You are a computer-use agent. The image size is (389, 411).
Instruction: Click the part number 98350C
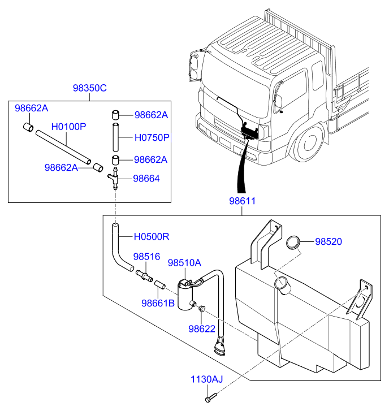point(89,88)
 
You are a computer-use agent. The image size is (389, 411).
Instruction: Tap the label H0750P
point(152,137)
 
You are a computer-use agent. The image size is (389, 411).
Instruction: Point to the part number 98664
point(146,178)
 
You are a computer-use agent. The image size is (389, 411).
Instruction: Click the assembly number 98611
point(242,201)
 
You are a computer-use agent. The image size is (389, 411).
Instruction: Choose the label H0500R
point(152,236)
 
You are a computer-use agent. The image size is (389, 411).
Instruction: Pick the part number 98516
point(147,256)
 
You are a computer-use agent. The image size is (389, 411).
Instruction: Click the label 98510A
point(184,262)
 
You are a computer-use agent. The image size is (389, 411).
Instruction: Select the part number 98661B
point(158,302)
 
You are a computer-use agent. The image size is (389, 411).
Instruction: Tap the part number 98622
point(202,328)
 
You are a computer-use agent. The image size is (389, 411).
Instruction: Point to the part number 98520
point(329,241)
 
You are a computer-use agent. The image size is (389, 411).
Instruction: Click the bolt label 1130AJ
point(207,379)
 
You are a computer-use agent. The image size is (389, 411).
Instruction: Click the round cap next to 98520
point(293,242)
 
